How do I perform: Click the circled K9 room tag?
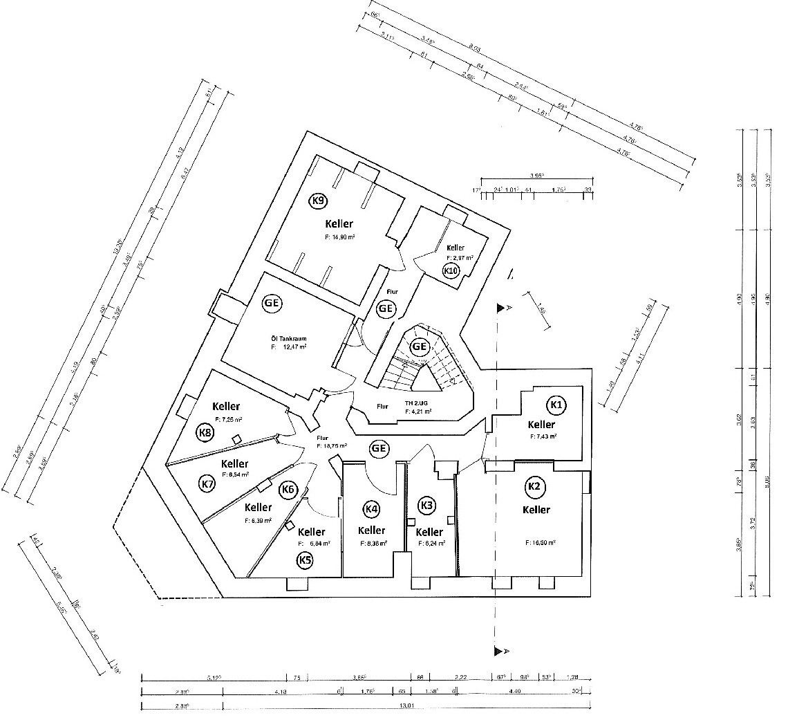click(x=318, y=201)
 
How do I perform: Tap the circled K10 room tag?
click(x=451, y=270)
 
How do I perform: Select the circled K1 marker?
click(x=556, y=404)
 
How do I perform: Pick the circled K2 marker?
click(x=534, y=487)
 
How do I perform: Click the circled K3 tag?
click(x=427, y=506)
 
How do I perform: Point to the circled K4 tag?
click(x=371, y=510)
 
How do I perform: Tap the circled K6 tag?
click(x=288, y=490)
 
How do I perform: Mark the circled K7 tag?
click(x=207, y=483)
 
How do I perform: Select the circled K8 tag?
click(x=205, y=433)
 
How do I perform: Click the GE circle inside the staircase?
click(x=419, y=346)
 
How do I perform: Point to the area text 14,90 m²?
click(x=339, y=237)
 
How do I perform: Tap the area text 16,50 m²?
click(x=540, y=543)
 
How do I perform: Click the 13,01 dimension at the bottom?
click(x=406, y=706)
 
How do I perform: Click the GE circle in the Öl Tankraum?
click(x=272, y=303)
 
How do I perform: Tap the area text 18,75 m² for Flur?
click(x=331, y=446)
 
